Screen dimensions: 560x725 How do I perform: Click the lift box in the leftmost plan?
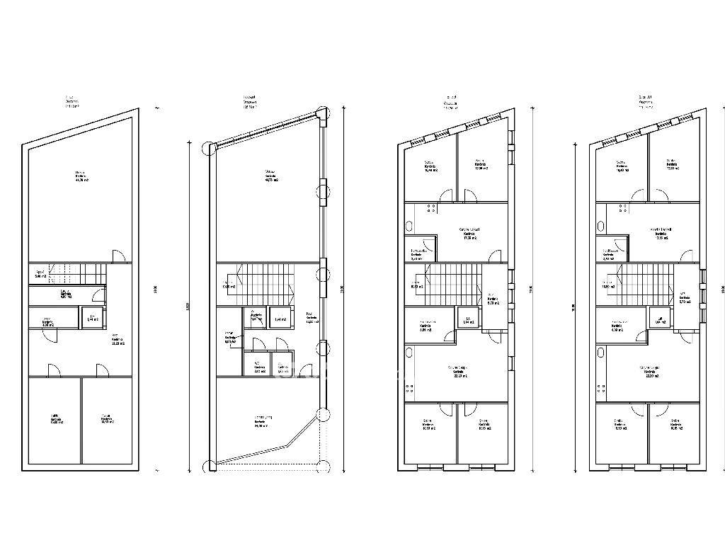[92, 318]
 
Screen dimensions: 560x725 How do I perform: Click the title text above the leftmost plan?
[72, 102]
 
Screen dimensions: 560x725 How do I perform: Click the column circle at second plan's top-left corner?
[210, 147]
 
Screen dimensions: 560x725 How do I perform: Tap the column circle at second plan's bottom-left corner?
[210, 465]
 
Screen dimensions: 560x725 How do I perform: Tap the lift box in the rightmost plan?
[658, 319]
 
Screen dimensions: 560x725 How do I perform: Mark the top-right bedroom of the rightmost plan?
[673, 168]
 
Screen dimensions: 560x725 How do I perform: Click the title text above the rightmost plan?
[645, 102]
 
